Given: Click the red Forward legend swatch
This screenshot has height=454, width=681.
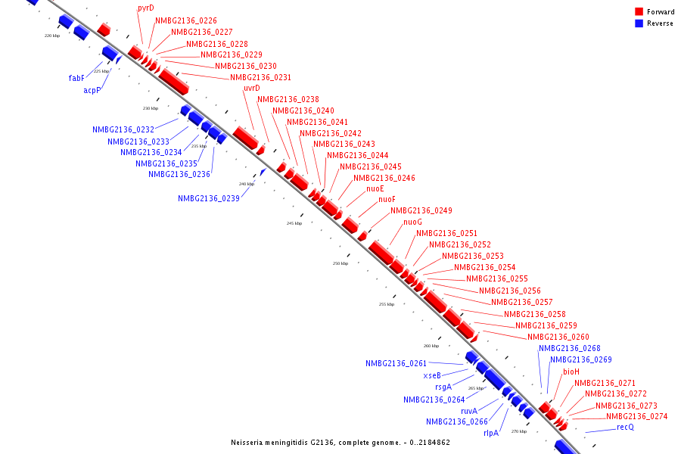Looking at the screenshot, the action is click(x=639, y=11).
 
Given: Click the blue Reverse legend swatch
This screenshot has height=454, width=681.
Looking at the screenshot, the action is click(x=639, y=23).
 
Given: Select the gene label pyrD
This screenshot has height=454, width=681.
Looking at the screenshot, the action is click(x=146, y=8).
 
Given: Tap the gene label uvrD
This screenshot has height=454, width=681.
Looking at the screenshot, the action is click(x=252, y=89).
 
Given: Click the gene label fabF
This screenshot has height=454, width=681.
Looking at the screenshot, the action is click(x=76, y=78).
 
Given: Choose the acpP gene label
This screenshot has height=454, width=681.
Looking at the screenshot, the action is click(x=92, y=90).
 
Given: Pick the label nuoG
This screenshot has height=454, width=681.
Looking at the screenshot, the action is click(x=412, y=222).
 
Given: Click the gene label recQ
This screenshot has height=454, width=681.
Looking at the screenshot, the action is click(x=625, y=428).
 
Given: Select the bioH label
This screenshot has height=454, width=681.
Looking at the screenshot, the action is click(x=571, y=372).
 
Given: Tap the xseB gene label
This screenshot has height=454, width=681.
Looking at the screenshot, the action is click(x=432, y=375).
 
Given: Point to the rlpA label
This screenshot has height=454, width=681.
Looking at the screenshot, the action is click(x=491, y=434).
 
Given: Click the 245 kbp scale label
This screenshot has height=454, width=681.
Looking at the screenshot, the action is click(x=294, y=224).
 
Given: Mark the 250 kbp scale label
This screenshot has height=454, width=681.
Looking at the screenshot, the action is click(x=340, y=263).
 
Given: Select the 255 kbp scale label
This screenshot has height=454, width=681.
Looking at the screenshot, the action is click(x=387, y=304).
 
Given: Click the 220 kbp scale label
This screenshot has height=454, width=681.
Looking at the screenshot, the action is click(x=52, y=36).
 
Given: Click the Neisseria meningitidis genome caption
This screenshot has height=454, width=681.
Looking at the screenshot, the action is click(x=340, y=442).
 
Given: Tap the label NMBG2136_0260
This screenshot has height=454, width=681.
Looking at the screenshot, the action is click(x=558, y=337).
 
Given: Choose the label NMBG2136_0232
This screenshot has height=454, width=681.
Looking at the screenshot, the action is click(x=123, y=129).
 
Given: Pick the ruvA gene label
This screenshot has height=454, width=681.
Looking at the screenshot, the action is click(x=469, y=411).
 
